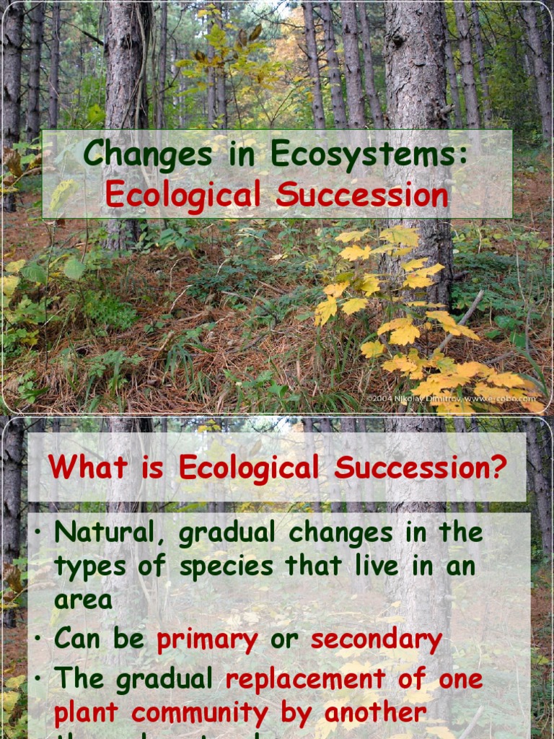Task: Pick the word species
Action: pyautogui.click(x=227, y=567)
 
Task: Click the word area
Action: pyautogui.click(x=83, y=600)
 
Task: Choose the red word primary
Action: pyautogui.click(x=208, y=639)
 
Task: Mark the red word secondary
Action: pyautogui.click(x=377, y=639)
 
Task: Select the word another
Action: pyautogui.click(x=375, y=713)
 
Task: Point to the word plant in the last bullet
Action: pyautogui.click(x=87, y=713)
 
